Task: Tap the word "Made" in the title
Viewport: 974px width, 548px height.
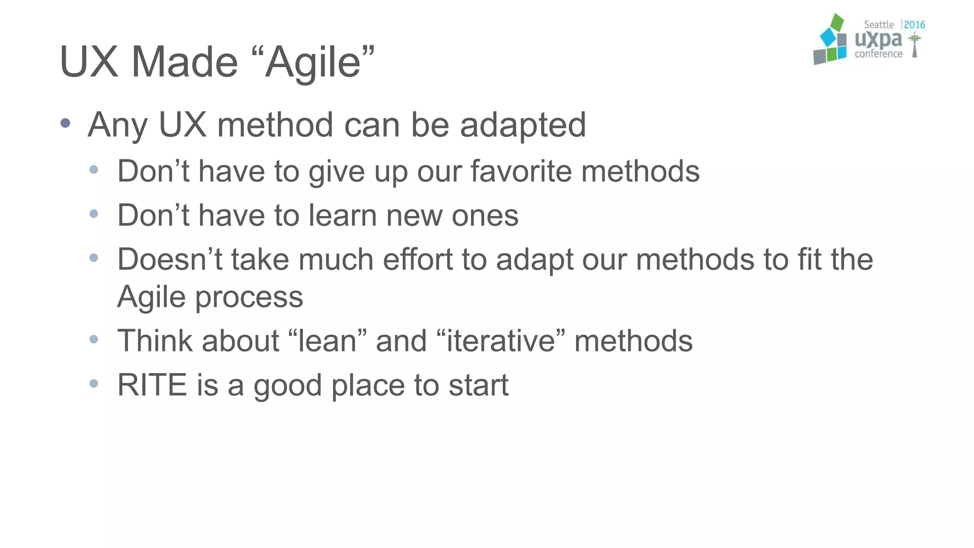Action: tap(184, 62)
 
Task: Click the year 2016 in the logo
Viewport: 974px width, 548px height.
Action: tap(914, 25)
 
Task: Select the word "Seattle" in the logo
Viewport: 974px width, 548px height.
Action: tap(878, 25)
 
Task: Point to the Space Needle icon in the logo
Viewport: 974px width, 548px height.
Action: tap(914, 44)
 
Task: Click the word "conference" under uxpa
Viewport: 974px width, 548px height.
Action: tap(878, 54)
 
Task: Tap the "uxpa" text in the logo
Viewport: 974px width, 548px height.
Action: tap(878, 39)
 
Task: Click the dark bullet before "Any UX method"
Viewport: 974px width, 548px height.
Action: tap(66, 123)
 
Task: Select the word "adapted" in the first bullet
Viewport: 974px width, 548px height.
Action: tap(523, 125)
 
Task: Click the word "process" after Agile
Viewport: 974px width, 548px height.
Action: tap(249, 297)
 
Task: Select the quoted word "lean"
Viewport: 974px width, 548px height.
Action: tap(327, 341)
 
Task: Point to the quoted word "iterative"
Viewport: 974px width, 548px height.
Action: tap(501, 341)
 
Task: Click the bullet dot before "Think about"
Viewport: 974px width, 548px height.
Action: tap(94, 339)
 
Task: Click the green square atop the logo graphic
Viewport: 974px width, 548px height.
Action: tap(837, 22)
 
